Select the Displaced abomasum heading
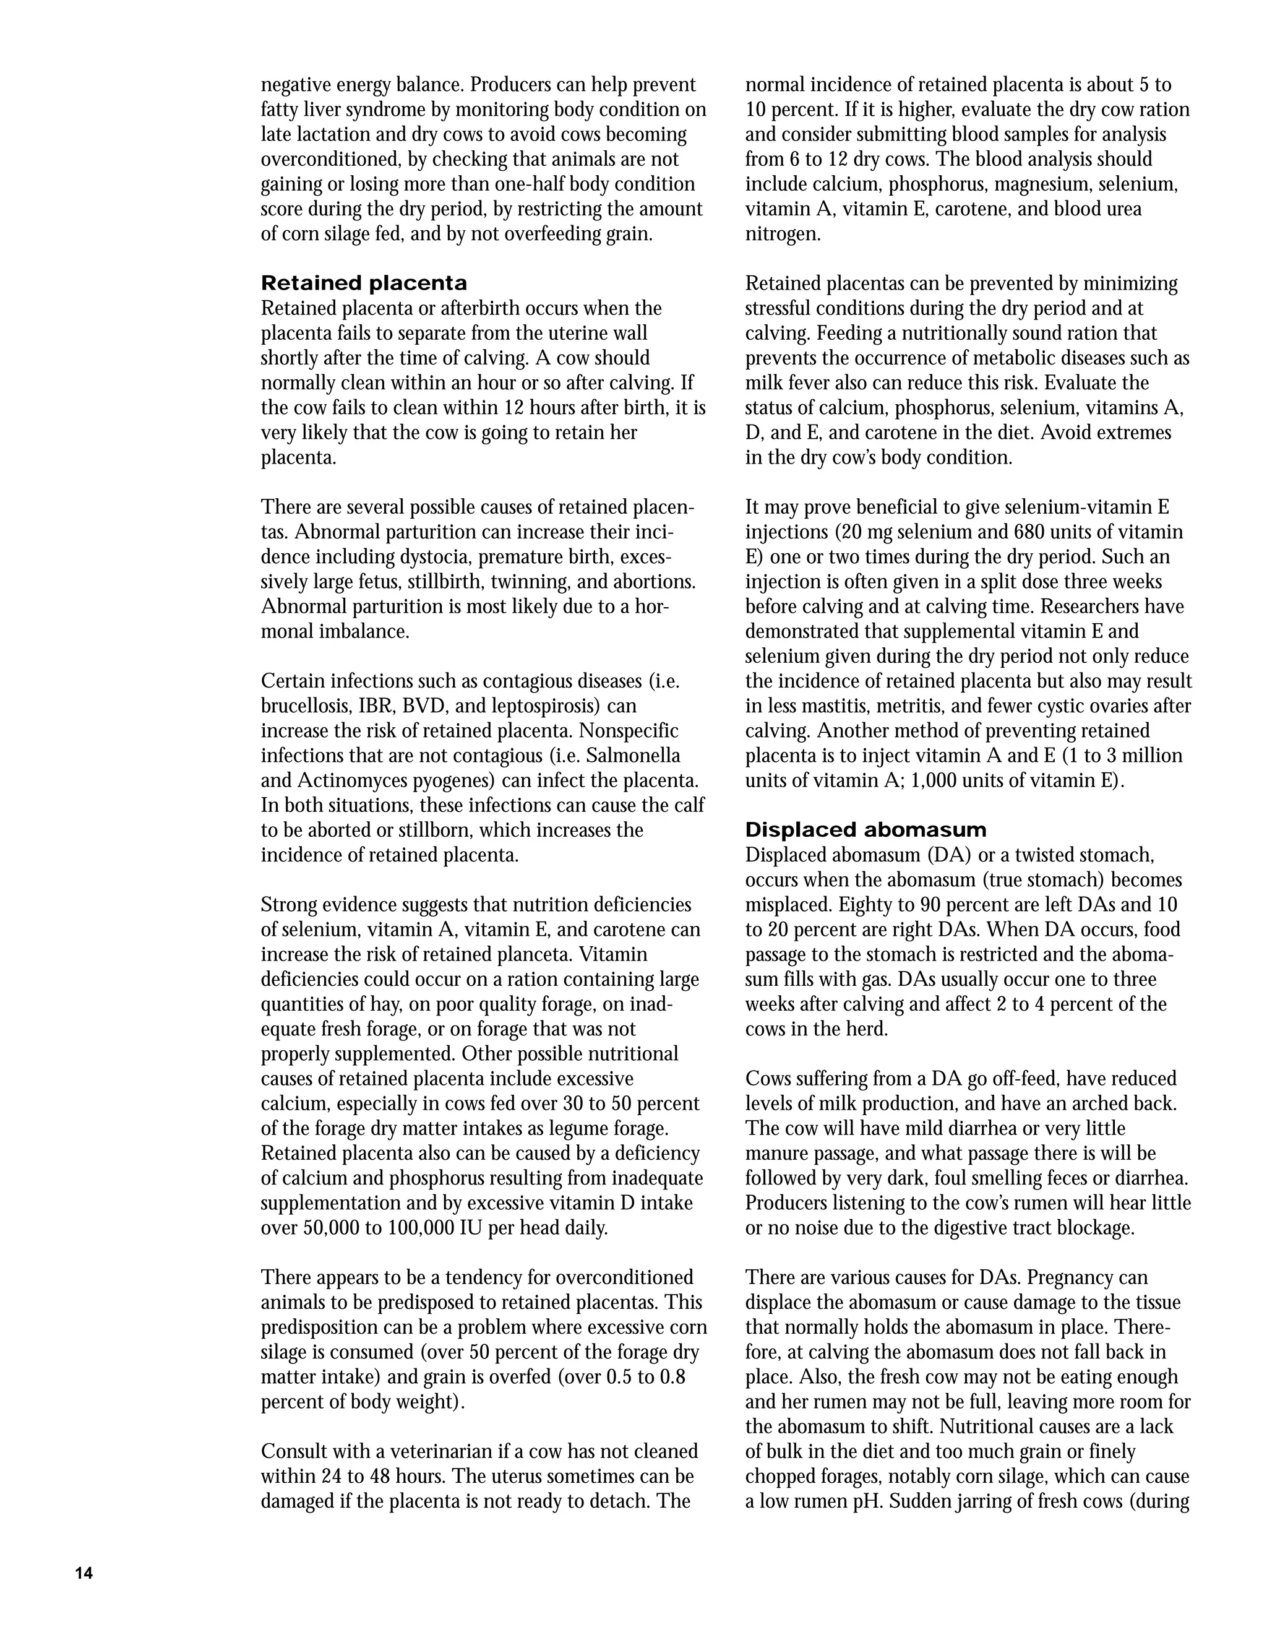tap(865, 831)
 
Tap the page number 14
tap(84, 1574)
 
